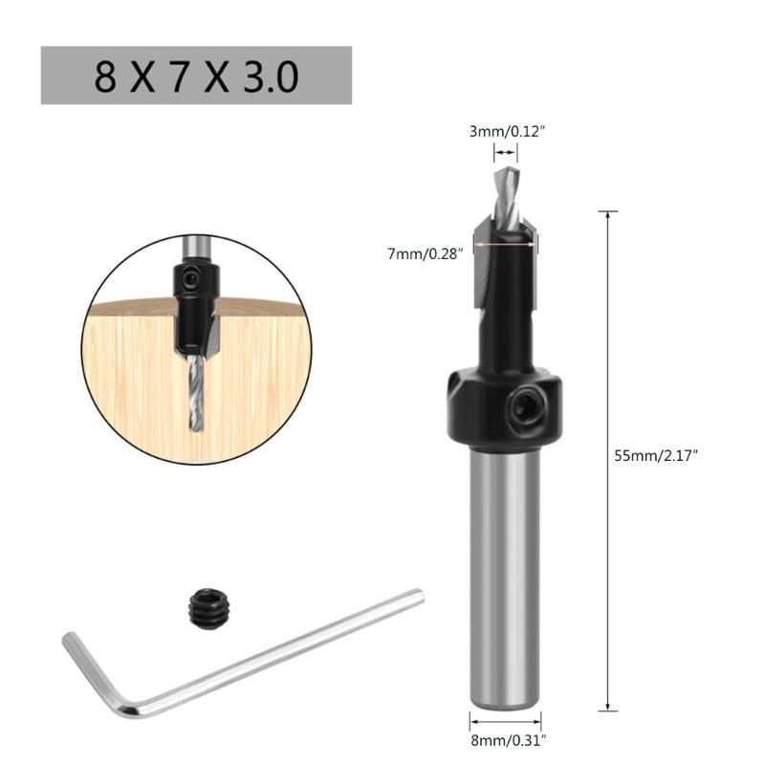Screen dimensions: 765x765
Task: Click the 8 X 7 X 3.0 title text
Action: tap(196, 76)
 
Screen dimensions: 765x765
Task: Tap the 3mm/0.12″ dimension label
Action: tap(506, 131)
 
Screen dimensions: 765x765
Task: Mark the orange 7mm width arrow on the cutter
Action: tap(505, 244)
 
